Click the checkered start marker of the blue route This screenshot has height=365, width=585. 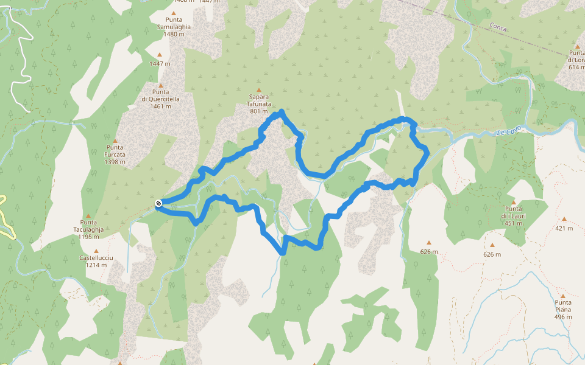pos(158,203)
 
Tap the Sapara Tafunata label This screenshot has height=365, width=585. pos(259,103)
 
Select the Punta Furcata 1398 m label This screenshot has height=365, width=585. pos(115,155)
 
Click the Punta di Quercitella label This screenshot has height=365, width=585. pos(160,99)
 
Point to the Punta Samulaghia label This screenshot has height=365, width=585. pos(174,27)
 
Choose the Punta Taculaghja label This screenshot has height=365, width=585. pos(88,229)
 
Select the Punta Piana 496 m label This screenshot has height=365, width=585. pos(563,310)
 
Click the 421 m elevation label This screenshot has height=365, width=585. pos(564,229)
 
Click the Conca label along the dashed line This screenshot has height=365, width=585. pos(498,27)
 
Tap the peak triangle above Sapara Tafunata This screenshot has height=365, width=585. pos(259,89)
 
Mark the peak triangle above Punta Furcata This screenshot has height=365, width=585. pos(115,141)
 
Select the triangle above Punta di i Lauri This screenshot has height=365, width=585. pos(514,203)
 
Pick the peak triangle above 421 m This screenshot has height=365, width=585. pos(564,219)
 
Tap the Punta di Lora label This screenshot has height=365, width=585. pos(576,60)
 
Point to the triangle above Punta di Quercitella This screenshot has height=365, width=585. pos(161,85)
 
